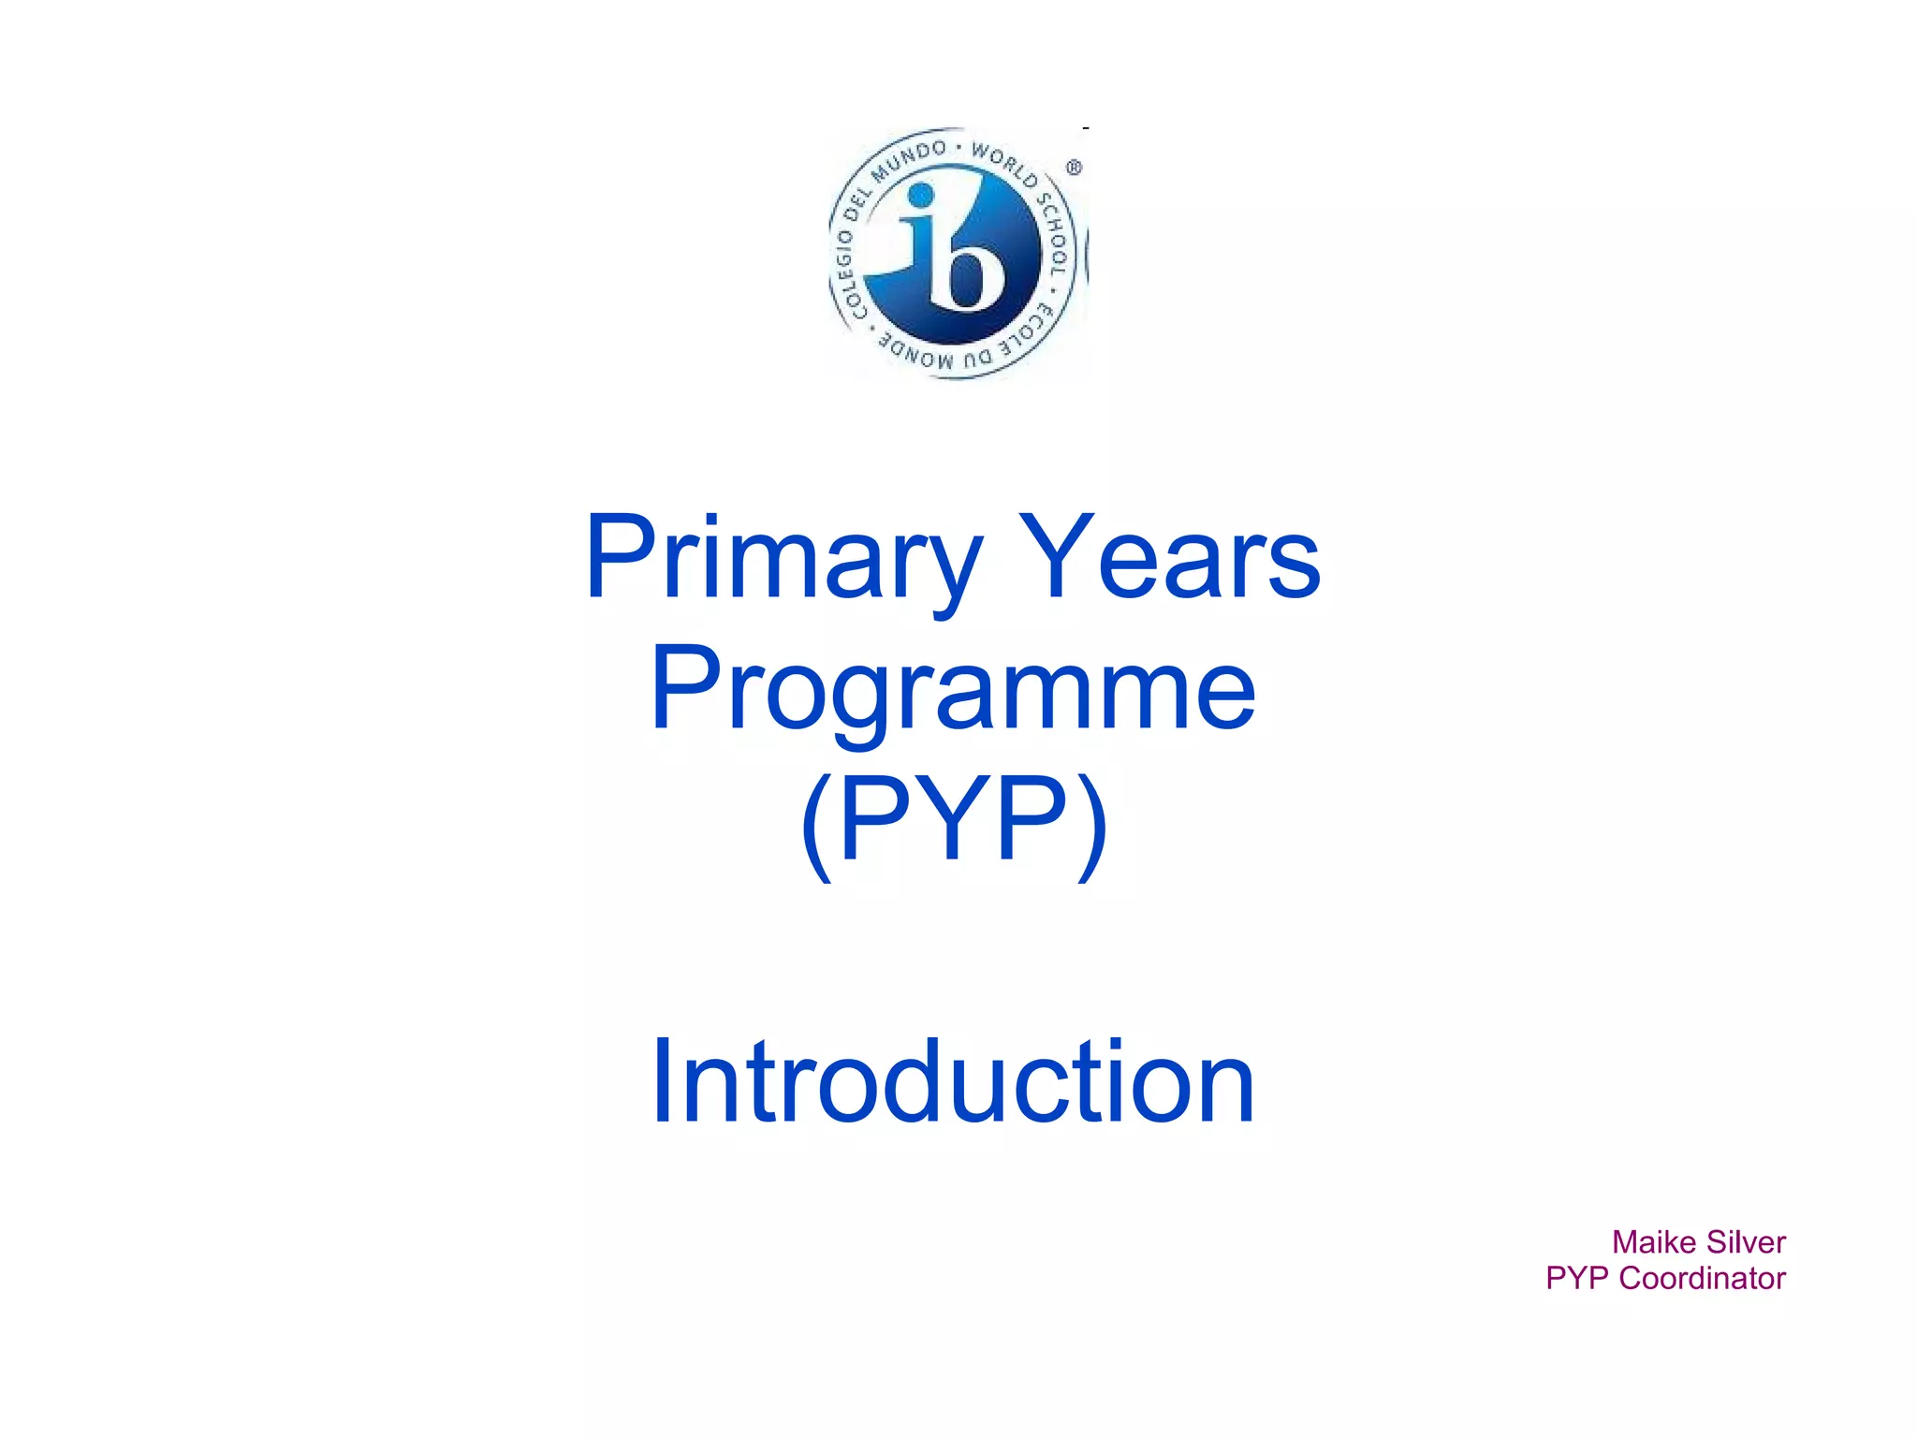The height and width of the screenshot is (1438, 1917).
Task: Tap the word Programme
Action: [x=953, y=691]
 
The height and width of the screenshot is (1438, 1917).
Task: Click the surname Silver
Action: [x=1746, y=1242]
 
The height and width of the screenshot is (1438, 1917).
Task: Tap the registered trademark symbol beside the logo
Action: [x=1074, y=168]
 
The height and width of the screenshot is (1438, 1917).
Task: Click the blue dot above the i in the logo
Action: [x=921, y=195]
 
